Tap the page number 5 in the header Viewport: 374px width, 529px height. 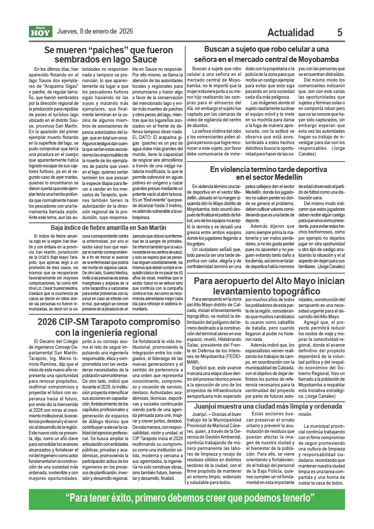coord(339,32)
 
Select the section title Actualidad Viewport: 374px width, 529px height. coord(294,33)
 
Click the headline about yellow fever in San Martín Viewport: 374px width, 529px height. coord(109,227)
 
